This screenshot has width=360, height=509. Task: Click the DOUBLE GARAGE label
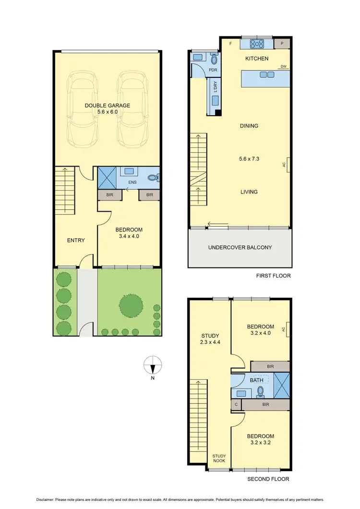(108, 106)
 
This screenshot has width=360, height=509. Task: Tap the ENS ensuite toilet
(153, 178)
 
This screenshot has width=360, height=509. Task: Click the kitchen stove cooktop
(256, 44)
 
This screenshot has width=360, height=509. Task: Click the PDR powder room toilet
(214, 60)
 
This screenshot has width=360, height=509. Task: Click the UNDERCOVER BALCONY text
(240, 248)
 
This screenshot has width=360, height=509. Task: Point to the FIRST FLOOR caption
(274, 276)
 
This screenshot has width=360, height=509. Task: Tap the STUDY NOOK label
(220, 459)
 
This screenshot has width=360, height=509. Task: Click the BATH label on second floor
(257, 381)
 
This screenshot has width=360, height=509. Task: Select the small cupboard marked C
(236, 405)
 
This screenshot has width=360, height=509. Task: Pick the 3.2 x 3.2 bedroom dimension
(261, 444)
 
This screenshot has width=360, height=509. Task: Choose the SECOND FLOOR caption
(268, 479)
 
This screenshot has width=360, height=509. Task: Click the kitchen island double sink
(267, 74)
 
